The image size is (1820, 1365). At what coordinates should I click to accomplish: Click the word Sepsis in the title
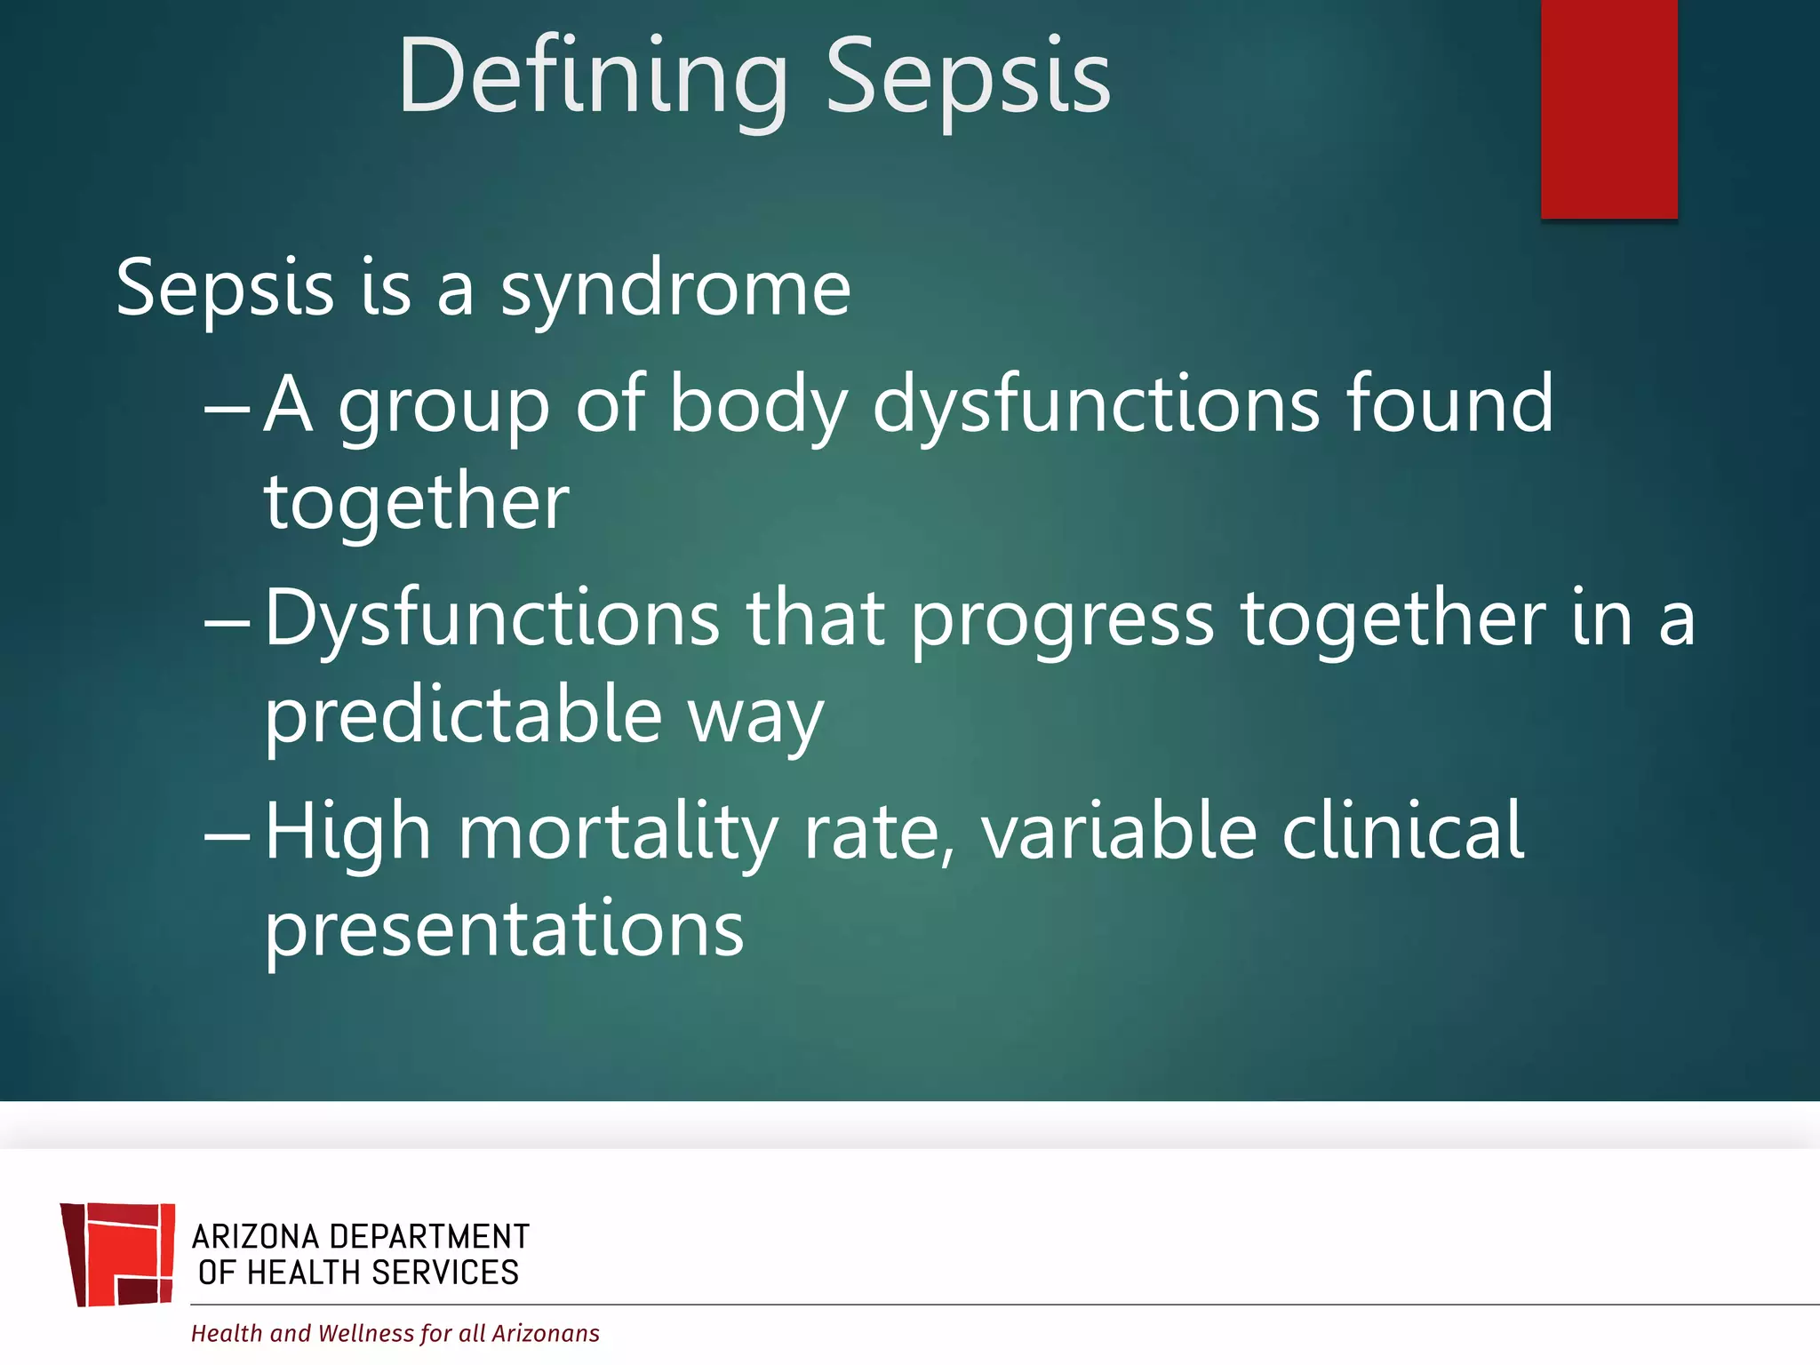pos(968,77)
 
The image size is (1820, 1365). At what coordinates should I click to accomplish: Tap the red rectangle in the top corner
pos(1608,108)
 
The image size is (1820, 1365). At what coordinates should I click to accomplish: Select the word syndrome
pos(675,289)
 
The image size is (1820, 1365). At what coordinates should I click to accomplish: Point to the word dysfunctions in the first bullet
pos(1096,405)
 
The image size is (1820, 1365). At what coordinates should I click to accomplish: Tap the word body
pos(758,405)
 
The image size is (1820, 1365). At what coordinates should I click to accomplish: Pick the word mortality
pos(618,834)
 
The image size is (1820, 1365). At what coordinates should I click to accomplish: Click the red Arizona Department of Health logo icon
pos(118,1254)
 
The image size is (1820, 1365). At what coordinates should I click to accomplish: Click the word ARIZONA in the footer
pos(255,1236)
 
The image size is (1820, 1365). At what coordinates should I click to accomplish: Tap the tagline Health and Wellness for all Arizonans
pos(395,1333)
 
